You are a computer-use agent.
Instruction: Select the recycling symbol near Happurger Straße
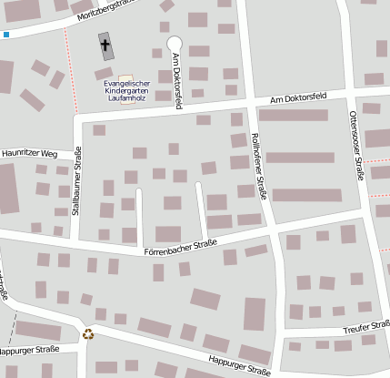tap(88, 333)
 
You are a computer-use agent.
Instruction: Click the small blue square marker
tap(6, 35)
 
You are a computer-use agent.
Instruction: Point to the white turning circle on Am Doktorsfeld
tap(174, 43)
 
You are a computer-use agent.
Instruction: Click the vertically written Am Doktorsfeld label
tap(176, 80)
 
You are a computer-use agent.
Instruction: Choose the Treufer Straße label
tap(366, 327)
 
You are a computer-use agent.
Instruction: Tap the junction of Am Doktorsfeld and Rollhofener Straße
tap(248, 103)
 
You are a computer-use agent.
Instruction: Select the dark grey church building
tap(107, 46)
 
